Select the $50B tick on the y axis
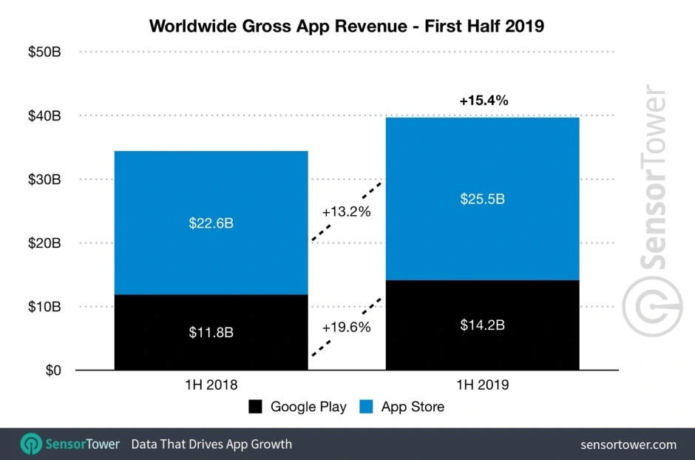click(x=46, y=53)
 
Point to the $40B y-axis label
click(x=46, y=116)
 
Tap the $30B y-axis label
click(x=46, y=180)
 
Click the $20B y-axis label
click(x=46, y=243)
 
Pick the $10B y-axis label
click(x=46, y=307)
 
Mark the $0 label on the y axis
click(x=54, y=371)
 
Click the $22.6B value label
click(x=211, y=223)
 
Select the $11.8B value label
click(x=211, y=332)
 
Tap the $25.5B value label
click(x=482, y=199)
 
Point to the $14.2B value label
click(x=482, y=325)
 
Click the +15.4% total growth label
click(x=483, y=101)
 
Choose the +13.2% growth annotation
click(x=346, y=212)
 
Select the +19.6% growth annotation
click(x=346, y=326)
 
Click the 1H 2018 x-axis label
click(x=211, y=385)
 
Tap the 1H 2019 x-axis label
click(x=482, y=385)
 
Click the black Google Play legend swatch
click(x=256, y=407)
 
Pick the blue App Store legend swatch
click(x=366, y=407)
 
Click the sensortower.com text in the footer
click(x=628, y=444)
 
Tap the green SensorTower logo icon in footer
click(x=32, y=444)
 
